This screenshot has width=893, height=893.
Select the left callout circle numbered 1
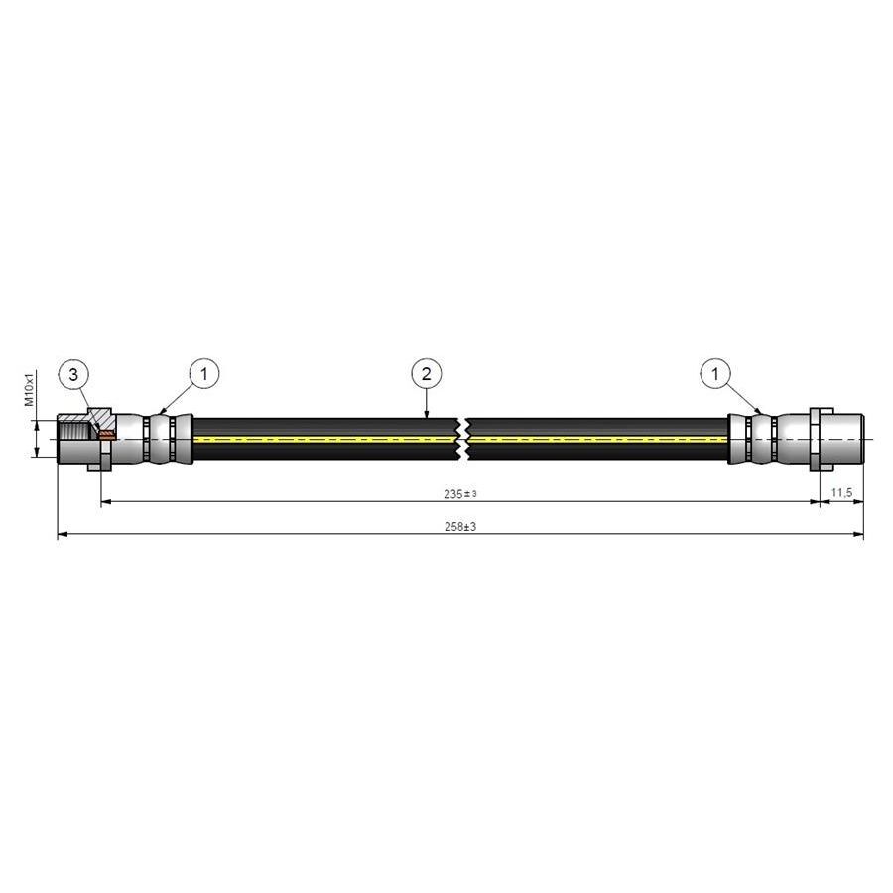pos(203,374)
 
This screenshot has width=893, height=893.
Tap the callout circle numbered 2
pos(426,374)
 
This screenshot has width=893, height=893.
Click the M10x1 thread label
pos(31,389)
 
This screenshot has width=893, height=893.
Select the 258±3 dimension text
pos(461,527)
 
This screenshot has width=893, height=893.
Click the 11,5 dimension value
pos(840,493)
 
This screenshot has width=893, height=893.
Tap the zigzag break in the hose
pos(462,439)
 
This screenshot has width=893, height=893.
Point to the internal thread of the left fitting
pos(75,430)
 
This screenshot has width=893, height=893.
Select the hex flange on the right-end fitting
pos(817,439)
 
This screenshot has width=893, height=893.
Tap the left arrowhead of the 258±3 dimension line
pos(63,536)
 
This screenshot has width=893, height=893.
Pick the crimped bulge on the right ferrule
pos(760,439)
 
